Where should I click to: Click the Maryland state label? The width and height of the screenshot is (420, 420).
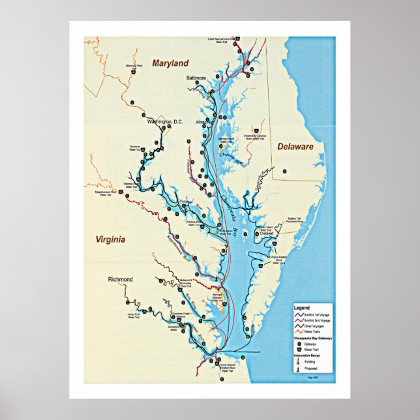point(170,63)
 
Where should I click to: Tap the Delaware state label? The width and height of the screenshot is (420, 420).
point(295,147)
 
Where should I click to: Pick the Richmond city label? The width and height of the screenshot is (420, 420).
point(121,279)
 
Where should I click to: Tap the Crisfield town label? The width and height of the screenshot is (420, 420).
point(265,233)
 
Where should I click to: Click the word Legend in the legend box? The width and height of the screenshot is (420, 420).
point(302,307)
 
